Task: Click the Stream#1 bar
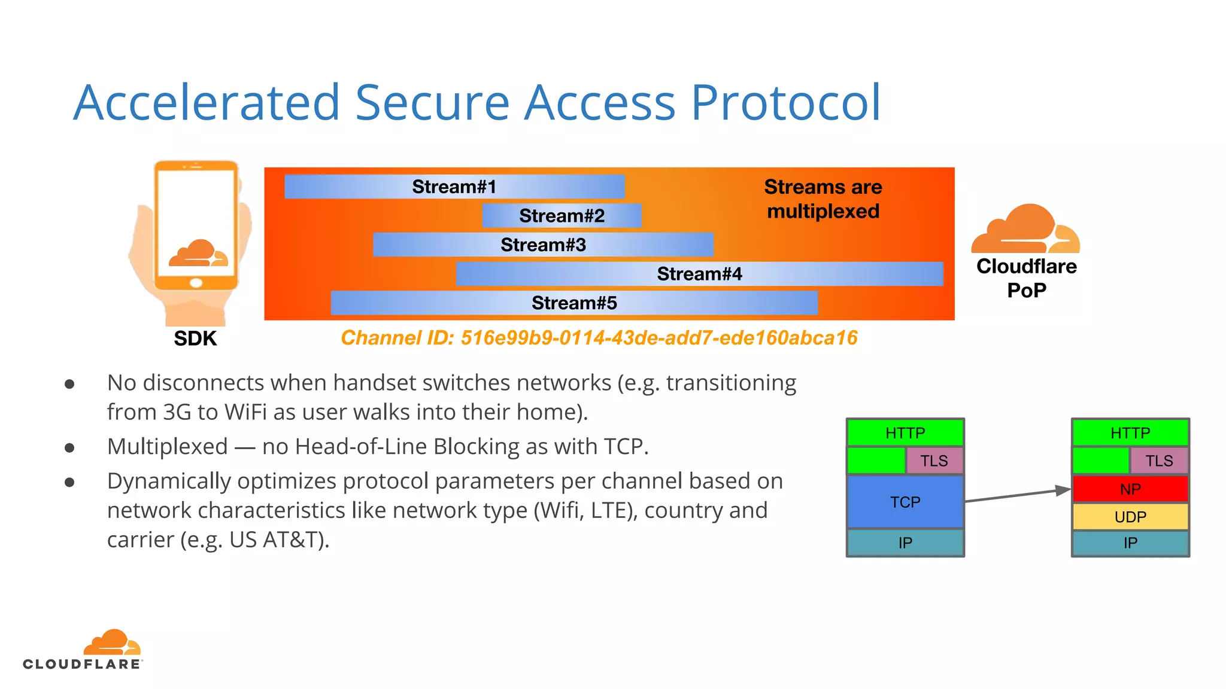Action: click(x=454, y=187)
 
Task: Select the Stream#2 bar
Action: click(x=562, y=215)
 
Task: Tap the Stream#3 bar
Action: click(x=542, y=245)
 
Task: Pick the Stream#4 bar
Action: click(x=699, y=274)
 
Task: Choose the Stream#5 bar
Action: click(x=573, y=303)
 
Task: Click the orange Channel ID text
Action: click(x=599, y=338)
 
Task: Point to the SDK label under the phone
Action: click(x=195, y=339)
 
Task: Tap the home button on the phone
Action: click(x=196, y=283)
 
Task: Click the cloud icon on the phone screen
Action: click(x=198, y=254)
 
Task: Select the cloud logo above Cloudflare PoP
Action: click(x=1025, y=230)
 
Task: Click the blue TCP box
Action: click(x=905, y=502)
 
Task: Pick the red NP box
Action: click(x=1130, y=489)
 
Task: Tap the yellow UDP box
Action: click(x=1130, y=517)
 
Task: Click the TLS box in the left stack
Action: click(x=934, y=461)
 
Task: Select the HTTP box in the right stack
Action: click(x=1130, y=432)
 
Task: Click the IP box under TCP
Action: click(x=905, y=543)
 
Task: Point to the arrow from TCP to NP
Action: click(x=1018, y=495)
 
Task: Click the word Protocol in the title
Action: click(x=785, y=103)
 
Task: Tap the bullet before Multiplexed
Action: click(x=69, y=447)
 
